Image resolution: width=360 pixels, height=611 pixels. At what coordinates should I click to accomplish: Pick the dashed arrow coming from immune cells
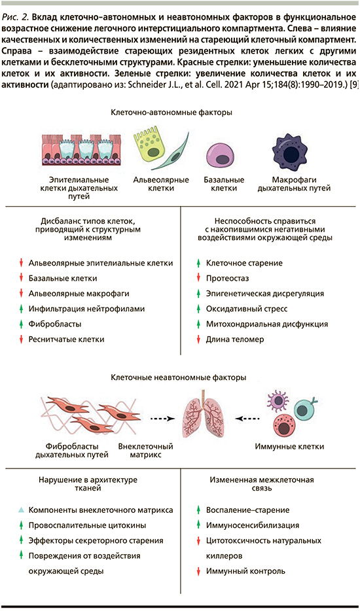(247, 419)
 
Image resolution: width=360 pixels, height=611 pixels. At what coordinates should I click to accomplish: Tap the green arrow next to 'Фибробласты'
(22, 324)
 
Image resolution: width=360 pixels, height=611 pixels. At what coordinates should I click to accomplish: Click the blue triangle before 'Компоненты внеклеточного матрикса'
(22, 510)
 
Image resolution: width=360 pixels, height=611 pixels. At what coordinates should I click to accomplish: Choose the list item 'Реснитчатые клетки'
(67, 340)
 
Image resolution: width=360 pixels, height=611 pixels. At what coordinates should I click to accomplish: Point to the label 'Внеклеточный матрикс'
(145, 450)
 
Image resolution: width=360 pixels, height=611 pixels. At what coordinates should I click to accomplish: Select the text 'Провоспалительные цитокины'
(88, 525)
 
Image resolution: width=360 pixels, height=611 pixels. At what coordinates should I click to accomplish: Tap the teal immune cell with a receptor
(306, 409)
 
